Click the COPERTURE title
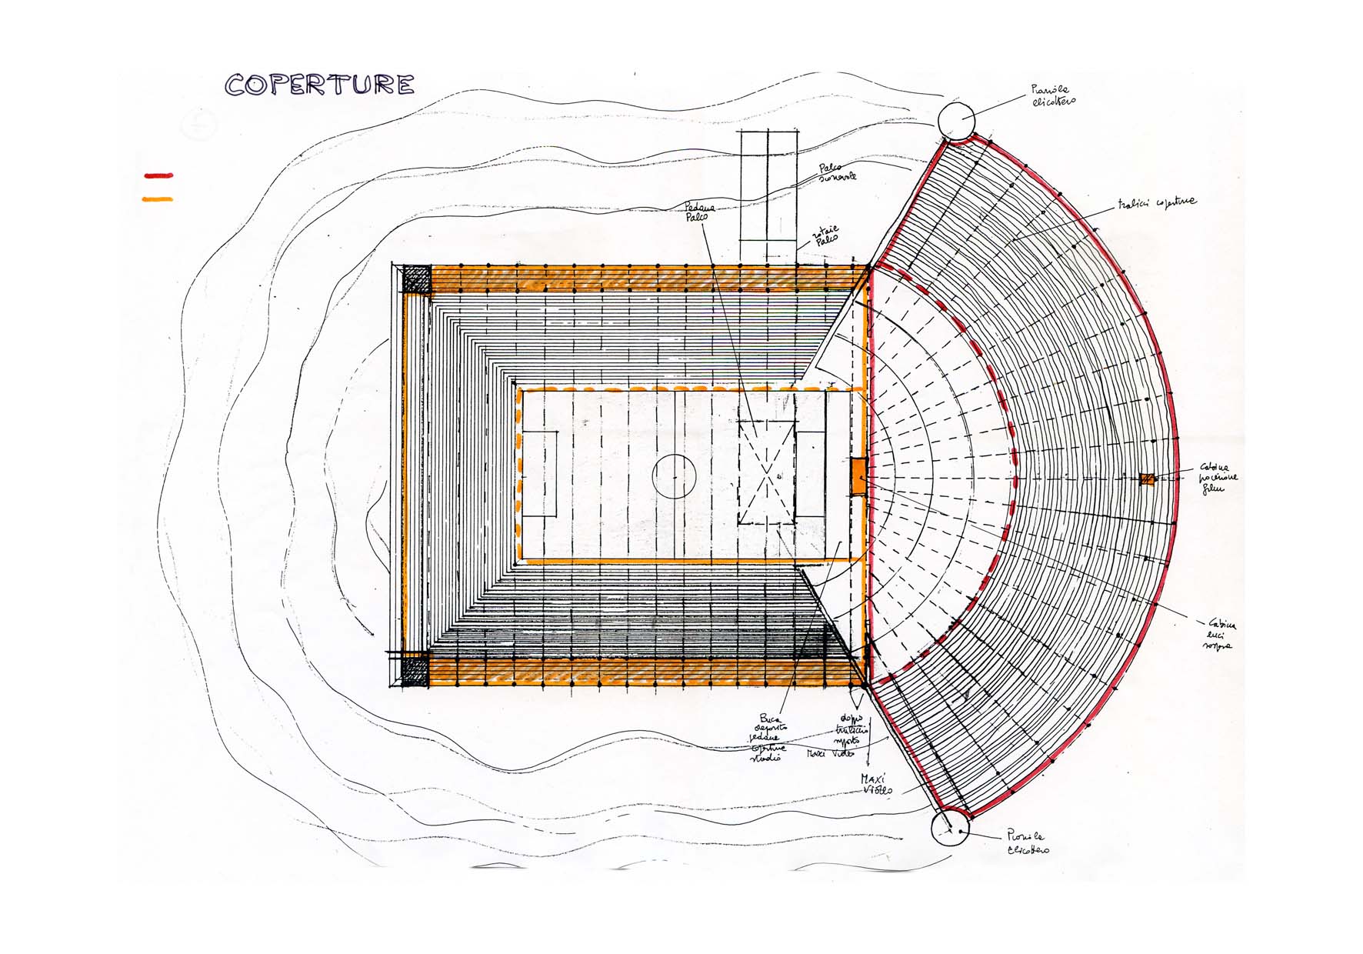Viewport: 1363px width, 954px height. coord(319,85)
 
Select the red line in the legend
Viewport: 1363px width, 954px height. coord(158,176)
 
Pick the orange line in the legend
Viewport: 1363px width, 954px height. coord(158,199)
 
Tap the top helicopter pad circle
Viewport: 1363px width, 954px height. coord(956,121)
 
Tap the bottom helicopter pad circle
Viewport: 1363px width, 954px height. coord(951,828)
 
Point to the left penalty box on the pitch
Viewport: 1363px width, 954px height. coord(540,474)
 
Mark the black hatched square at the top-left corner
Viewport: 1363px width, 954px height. coord(416,278)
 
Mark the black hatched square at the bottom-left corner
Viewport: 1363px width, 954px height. coord(415,669)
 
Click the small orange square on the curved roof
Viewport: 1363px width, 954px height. coord(1147,479)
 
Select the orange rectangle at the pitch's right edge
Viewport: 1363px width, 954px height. coord(859,476)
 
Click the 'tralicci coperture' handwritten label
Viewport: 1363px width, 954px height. coord(1157,204)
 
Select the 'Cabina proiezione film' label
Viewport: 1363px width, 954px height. coord(1218,478)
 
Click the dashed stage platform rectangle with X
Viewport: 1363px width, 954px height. coord(766,472)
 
